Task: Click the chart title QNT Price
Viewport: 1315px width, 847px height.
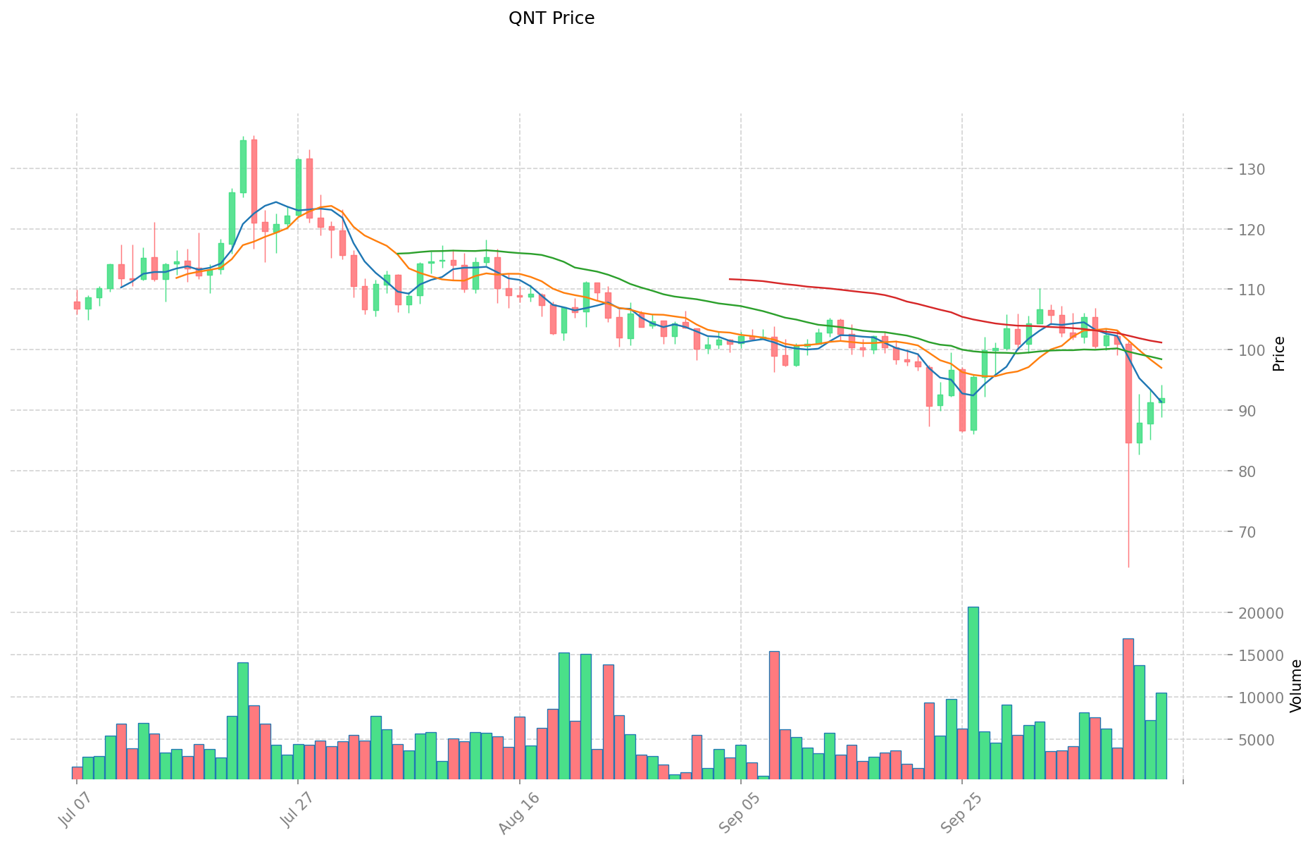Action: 551,18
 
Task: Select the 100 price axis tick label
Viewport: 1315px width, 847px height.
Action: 1251,350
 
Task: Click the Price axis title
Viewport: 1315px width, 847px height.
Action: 1279,354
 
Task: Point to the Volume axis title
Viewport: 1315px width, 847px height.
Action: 1296,686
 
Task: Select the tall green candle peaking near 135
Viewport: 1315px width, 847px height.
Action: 243,166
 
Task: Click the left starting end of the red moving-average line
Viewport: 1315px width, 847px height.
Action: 730,279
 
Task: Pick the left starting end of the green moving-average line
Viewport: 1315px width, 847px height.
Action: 398,254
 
